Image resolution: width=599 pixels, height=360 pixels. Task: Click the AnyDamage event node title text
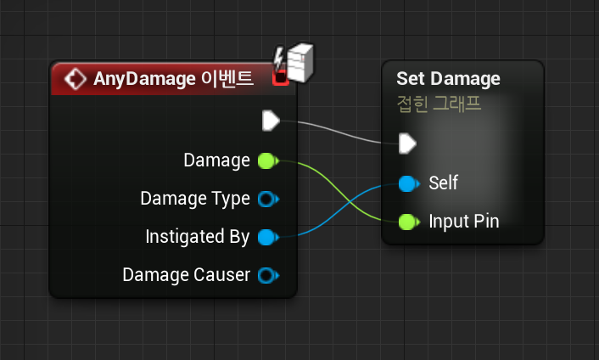pos(173,79)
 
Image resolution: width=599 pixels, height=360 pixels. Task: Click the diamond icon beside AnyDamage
pos(76,79)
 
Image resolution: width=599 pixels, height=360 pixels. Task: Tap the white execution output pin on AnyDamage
pos(271,121)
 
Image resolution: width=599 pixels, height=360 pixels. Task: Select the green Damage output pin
pos(266,160)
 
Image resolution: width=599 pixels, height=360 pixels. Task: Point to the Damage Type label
pos(195,199)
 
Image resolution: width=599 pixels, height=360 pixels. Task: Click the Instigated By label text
pos(198,237)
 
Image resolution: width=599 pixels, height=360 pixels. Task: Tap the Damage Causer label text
pos(187,275)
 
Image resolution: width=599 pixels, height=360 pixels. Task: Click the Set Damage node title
pos(448,79)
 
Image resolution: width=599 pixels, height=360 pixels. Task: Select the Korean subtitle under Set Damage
pos(439,104)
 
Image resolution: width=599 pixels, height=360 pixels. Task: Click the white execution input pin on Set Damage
pos(407,143)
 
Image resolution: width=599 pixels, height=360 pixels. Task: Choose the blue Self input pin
pos(408,183)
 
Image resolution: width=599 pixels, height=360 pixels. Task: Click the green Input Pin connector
pos(408,222)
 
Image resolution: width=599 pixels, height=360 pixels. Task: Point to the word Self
pos(443,183)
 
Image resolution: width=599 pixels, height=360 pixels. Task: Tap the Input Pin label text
pos(464,222)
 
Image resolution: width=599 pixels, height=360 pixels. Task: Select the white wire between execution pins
pos(339,132)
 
